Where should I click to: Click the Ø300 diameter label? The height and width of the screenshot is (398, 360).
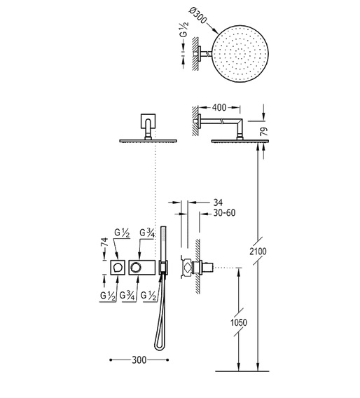pyautogui.click(x=198, y=15)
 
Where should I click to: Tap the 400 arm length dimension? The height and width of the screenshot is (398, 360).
pyautogui.click(x=219, y=108)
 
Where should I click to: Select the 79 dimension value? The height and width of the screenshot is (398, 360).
pyautogui.click(x=264, y=132)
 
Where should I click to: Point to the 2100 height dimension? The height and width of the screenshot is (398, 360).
pyautogui.click(x=258, y=252)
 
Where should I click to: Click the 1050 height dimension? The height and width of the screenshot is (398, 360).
pyautogui.click(x=238, y=322)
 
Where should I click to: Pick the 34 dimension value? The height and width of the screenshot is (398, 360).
pyautogui.click(x=218, y=203)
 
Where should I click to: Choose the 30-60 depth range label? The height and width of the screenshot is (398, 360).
pyautogui.click(x=224, y=213)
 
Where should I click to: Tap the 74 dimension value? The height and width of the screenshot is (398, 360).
pyautogui.click(x=105, y=242)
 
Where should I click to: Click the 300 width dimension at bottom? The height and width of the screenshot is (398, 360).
pyautogui.click(x=139, y=360)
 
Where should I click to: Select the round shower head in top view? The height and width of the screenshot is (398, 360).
pyautogui.click(x=240, y=54)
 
